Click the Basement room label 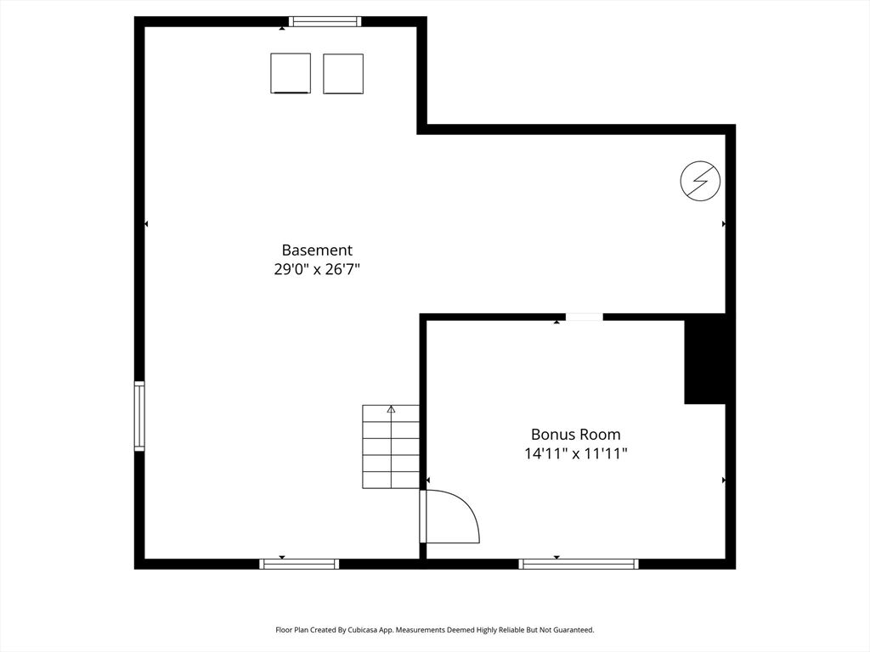click(x=317, y=250)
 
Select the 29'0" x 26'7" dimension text click(x=317, y=269)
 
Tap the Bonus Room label click(x=575, y=434)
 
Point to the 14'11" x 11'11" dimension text click(x=575, y=453)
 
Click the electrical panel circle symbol click(x=700, y=181)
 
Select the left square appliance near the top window click(x=291, y=73)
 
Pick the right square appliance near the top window click(x=343, y=74)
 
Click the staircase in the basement click(x=391, y=447)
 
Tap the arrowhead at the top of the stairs click(x=391, y=410)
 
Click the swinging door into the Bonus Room click(x=449, y=516)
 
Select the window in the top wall click(x=325, y=21)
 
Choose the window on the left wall click(x=139, y=416)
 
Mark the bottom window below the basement click(x=299, y=564)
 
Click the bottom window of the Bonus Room click(x=578, y=564)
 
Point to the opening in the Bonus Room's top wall click(x=585, y=318)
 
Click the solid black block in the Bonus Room click(x=705, y=359)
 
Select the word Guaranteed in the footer click(x=577, y=630)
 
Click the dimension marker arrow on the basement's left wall click(x=146, y=224)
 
